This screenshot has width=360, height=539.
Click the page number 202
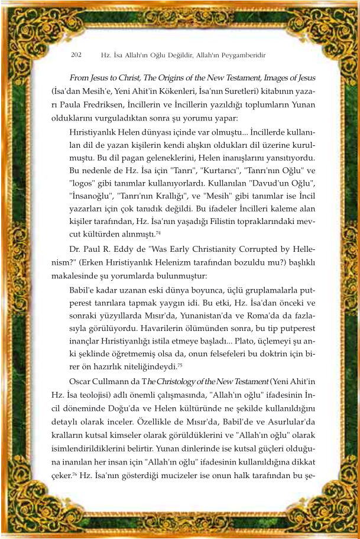point(76,55)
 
